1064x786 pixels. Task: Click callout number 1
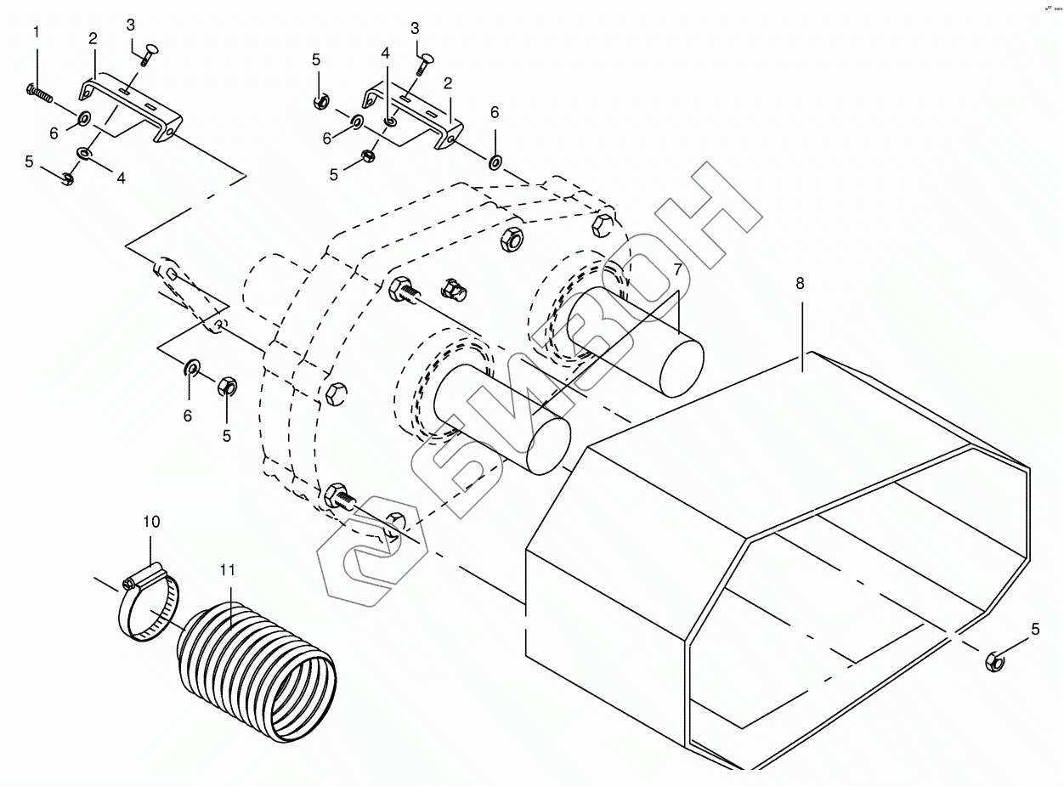(x=37, y=32)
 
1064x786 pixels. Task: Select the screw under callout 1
(x=39, y=92)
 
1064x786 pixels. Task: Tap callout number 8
(x=800, y=283)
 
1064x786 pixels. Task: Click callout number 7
(x=677, y=269)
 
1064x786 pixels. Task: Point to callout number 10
(x=150, y=521)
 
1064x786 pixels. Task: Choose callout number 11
(x=228, y=569)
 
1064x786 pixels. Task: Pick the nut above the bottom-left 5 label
(x=226, y=387)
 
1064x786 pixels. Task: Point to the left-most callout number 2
(x=93, y=38)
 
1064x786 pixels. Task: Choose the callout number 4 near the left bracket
(x=121, y=178)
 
